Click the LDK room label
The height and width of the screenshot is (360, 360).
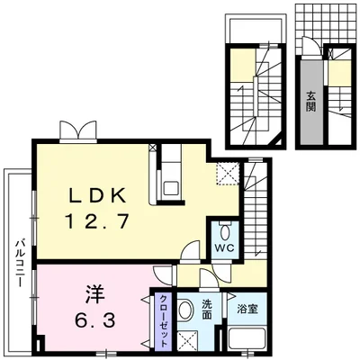97,196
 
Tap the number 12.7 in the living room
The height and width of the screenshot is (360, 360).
98,221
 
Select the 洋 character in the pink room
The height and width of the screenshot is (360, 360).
95,294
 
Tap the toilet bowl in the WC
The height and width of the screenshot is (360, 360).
225,232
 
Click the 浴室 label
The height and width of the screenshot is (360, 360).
247,310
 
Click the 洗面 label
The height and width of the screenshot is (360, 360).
207,310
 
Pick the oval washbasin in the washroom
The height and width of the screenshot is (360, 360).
185,310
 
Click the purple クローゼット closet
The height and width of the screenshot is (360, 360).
163,321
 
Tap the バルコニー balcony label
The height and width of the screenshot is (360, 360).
21,263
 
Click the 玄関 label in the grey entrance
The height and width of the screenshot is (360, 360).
311,101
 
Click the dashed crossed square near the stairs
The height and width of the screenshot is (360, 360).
228,174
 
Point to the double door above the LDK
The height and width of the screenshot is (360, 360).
78,131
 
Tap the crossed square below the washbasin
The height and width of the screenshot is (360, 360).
187,340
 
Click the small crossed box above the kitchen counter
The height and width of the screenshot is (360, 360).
153,148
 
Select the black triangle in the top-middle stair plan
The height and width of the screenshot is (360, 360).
279,141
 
